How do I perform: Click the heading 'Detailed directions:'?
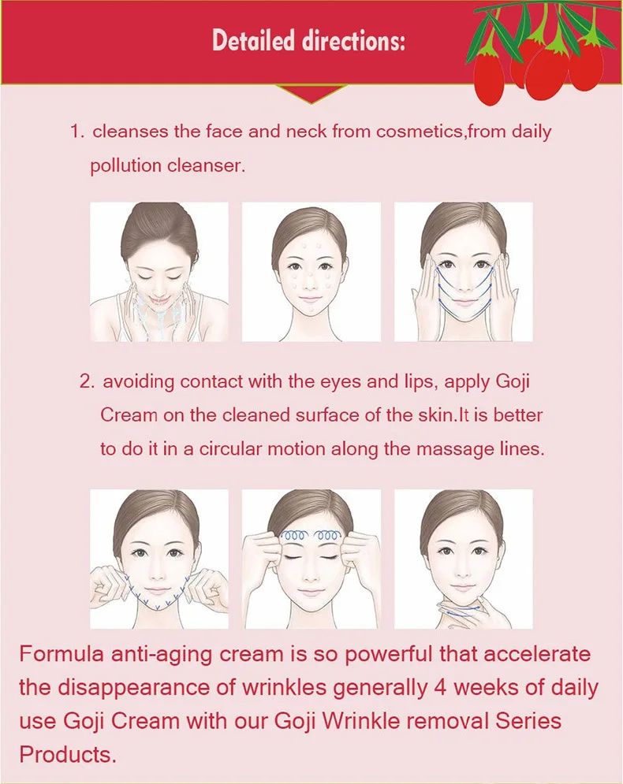point(308,41)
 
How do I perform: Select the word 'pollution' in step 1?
point(125,165)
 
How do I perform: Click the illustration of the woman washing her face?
point(159,272)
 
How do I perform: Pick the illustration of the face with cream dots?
point(311,272)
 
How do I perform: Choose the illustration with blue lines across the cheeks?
point(463,272)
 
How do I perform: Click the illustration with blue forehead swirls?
point(311,559)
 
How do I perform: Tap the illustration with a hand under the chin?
point(463,559)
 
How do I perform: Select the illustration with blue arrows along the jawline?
point(159,559)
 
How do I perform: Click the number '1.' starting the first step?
point(76,132)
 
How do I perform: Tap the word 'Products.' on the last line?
point(68,754)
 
